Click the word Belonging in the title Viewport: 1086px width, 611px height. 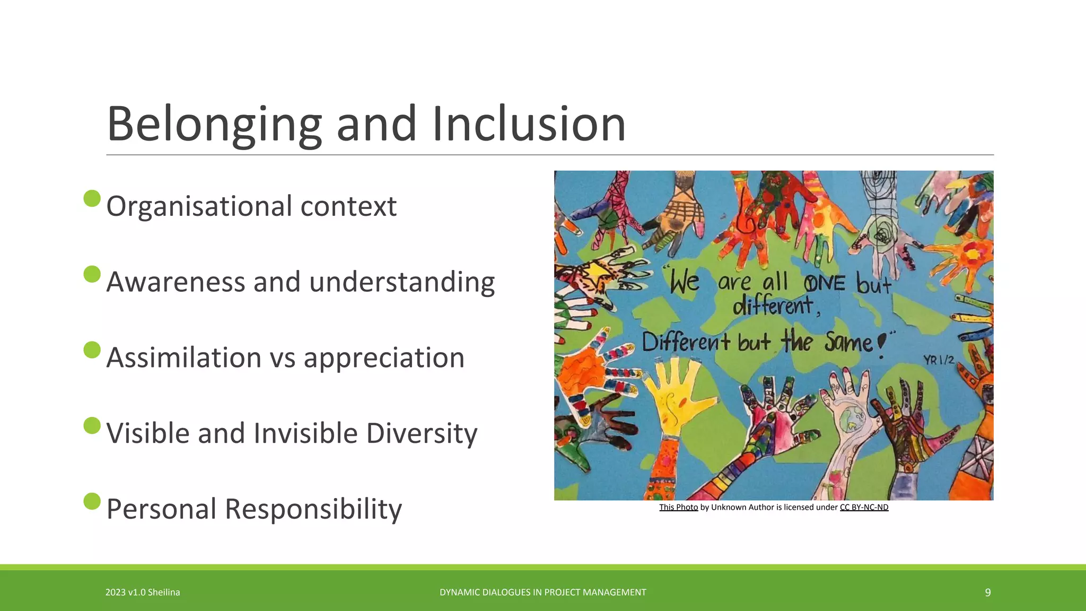pos(214,125)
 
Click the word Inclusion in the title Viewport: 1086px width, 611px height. pos(529,125)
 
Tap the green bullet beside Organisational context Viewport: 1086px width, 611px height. pos(92,198)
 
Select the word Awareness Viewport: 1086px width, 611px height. pos(176,282)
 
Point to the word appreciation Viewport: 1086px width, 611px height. pos(384,357)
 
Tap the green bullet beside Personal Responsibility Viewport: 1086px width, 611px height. pos(92,501)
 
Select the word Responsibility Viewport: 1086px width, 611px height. pos(313,509)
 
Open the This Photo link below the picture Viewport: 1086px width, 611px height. pos(678,507)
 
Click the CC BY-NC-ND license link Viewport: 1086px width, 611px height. pos(864,507)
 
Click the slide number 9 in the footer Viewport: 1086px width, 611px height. pos(987,592)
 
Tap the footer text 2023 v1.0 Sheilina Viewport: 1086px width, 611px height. pos(143,592)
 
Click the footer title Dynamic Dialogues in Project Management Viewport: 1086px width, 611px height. pos(542,592)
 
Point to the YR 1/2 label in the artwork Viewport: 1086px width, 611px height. pos(939,360)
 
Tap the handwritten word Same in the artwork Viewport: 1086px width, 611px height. pos(848,343)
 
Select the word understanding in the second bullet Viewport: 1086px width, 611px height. pos(401,282)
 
